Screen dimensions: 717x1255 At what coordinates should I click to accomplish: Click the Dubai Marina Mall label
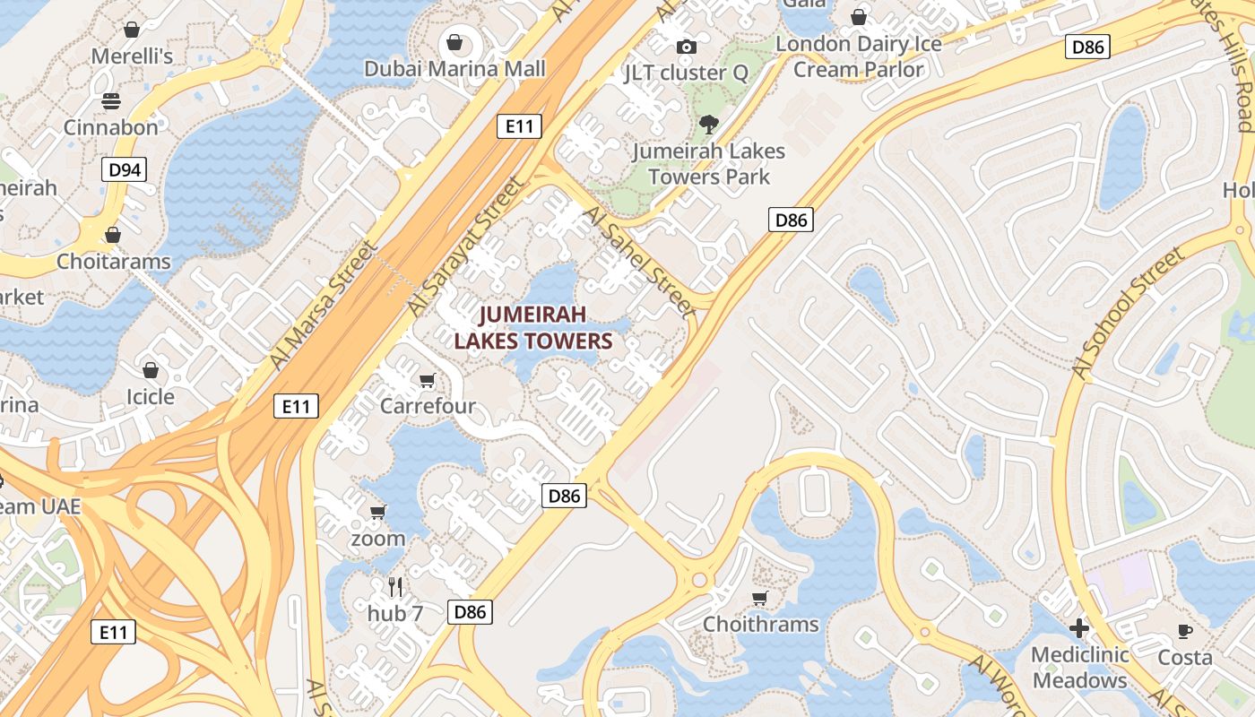454,69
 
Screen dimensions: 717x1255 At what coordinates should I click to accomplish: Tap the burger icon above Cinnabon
111,101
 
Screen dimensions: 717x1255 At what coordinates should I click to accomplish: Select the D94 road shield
123,169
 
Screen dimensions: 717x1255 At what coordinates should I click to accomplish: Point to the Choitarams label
113,262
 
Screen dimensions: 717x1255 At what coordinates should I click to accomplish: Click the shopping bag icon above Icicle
151,370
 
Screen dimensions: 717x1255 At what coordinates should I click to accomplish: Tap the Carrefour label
428,406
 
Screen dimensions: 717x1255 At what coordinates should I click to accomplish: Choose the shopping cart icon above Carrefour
428,381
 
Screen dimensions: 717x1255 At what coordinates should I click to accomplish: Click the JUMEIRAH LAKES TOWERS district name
532,327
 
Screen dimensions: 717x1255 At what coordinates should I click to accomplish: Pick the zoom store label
377,539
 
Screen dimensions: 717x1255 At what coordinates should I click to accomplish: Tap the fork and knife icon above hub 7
395,587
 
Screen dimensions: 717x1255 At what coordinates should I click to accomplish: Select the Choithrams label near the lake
760,624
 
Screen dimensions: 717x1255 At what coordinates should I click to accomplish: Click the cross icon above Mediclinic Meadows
1079,628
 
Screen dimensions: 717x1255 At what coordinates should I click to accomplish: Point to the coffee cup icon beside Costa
1185,631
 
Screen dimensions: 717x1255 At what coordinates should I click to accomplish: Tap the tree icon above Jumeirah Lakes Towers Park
708,125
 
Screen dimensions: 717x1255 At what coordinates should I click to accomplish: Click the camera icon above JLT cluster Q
687,47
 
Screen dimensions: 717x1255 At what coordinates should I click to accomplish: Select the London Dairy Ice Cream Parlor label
858,56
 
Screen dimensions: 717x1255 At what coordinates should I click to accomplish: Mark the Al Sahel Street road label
638,262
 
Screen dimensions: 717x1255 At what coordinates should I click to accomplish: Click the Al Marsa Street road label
322,304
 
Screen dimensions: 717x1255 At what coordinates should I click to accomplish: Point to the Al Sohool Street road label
1128,313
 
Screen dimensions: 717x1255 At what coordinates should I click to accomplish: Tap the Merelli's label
132,56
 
